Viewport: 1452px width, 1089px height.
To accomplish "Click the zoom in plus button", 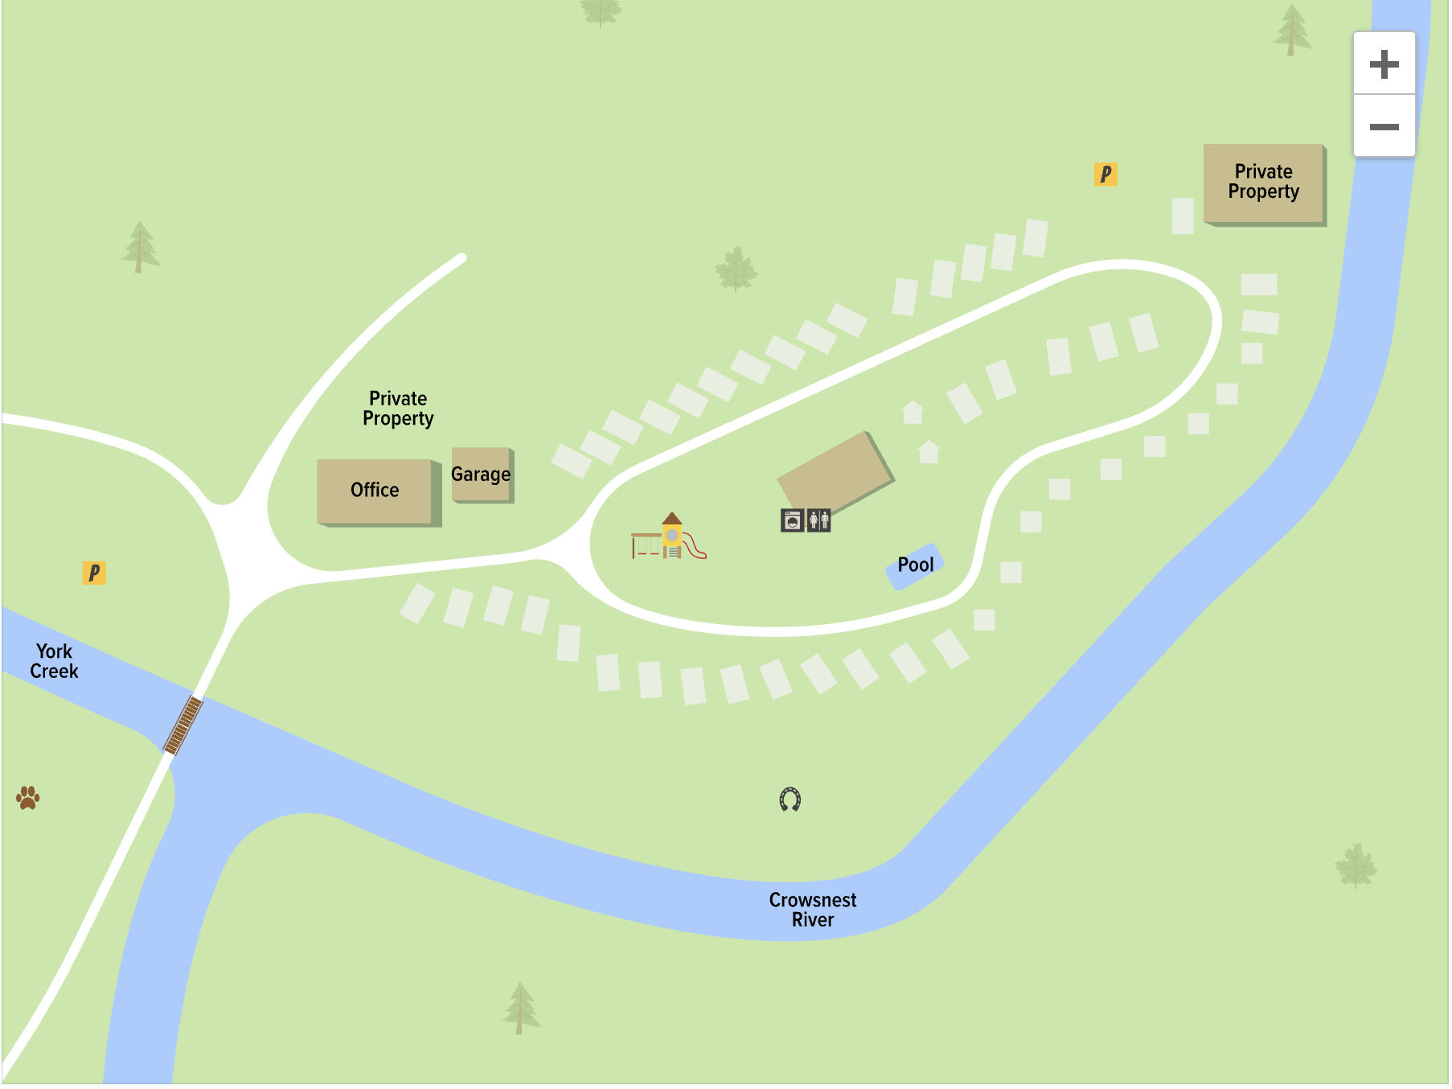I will pyautogui.click(x=1384, y=64).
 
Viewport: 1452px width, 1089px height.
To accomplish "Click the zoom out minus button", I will pyautogui.click(x=1384, y=126).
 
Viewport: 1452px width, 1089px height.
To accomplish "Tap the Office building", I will pyautogui.click(x=375, y=491).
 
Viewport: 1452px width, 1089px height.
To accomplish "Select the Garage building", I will pyautogui.click(x=481, y=475).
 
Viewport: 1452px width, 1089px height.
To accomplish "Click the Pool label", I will pyautogui.click(x=915, y=565).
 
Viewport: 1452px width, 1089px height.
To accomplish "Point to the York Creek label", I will pyautogui.click(x=54, y=661).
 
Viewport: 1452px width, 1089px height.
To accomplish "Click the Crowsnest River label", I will pyautogui.click(x=812, y=910).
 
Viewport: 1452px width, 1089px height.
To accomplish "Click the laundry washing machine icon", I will pyautogui.click(x=792, y=521).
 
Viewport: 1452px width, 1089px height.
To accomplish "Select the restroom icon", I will pyautogui.click(x=818, y=521).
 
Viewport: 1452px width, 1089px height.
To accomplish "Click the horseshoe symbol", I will pyautogui.click(x=790, y=799).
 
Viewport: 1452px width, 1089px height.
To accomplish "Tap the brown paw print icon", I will pyautogui.click(x=28, y=797).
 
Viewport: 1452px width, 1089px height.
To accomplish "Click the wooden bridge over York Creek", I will pyautogui.click(x=183, y=725).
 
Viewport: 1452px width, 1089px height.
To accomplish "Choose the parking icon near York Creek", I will pyautogui.click(x=94, y=573).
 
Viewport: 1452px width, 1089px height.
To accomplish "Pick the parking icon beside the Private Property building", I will pyautogui.click(x=1105, y=174).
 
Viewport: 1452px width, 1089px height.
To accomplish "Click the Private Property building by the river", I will pyautogui.click(x=1263, y=183).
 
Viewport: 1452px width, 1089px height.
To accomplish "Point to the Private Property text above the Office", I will pyautogui.click(x=398, y=409).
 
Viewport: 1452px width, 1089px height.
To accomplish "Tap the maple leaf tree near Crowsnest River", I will pyautogui.click(x=1356, y=865).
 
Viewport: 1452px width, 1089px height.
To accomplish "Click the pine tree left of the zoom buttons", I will pyautogui.click(x=1292, y=31).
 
